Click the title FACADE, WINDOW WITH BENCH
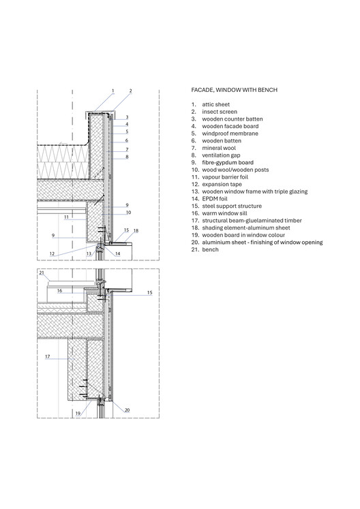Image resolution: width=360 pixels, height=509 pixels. (235, 90)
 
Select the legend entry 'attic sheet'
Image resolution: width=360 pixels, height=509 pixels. (215, 104)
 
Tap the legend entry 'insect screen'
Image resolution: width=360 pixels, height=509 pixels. (220, 112)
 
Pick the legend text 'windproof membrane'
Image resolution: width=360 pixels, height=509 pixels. (230, 134)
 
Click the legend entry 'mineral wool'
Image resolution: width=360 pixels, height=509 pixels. (219, 148)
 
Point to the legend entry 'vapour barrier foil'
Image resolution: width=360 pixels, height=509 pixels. (225, 177)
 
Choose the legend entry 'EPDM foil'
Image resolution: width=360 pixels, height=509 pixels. (215, 199)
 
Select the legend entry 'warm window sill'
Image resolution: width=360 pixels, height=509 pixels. (224, 213)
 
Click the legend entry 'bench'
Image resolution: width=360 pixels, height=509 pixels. (210, 249)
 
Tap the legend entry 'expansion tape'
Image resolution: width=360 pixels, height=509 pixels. (222, 185)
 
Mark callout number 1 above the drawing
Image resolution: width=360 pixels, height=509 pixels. (113, 91)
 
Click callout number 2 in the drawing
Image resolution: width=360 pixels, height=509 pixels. (131, 91)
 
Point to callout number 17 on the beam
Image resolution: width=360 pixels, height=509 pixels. (48, 356)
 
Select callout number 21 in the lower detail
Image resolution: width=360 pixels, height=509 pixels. (42, 273)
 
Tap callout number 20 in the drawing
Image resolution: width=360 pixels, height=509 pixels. (127, 410)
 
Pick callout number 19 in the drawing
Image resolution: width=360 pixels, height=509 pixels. (78, 414)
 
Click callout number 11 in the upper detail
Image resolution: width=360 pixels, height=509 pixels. (66, 217)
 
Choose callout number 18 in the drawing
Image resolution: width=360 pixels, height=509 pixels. (136, 231)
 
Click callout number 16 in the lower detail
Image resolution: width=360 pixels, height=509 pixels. (59, 290)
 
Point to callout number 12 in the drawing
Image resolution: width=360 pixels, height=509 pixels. (52, 254)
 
